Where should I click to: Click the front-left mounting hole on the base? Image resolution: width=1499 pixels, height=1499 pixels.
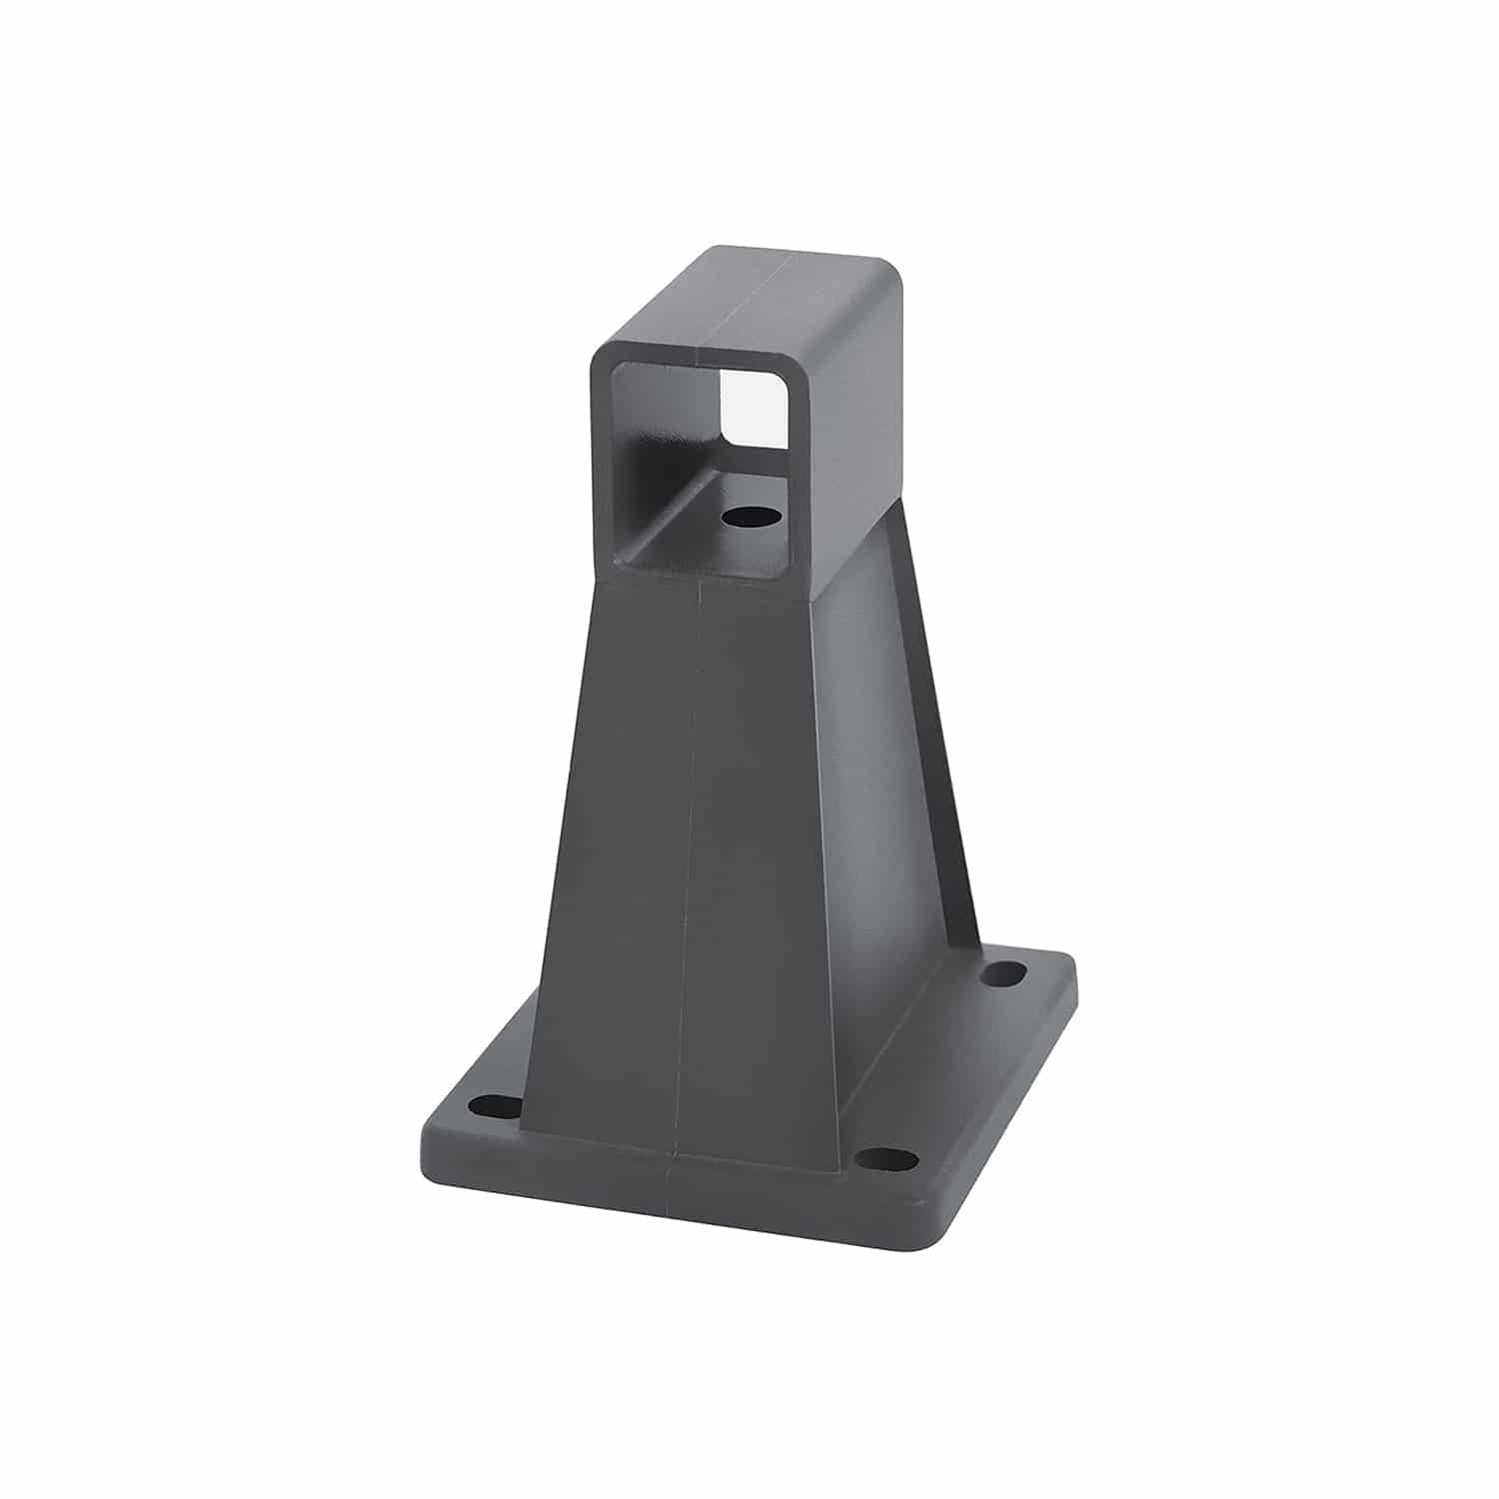[x=489, y=1106]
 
